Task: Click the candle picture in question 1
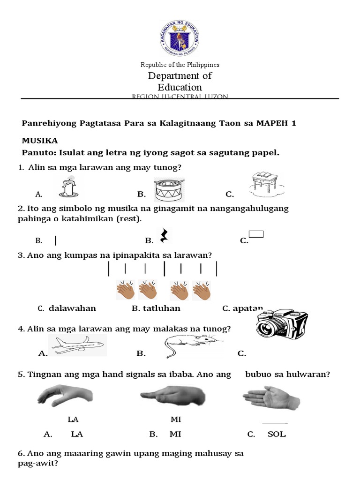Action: pyautogui.click(x=70, y=187)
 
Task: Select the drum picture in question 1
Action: pyautogui.click(x=169, y=188)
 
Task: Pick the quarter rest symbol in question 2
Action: pyautogui.click(x=164, y=236)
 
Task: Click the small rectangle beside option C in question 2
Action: pyautogui.click(x=256, y=234)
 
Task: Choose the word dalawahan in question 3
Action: pyautogui.click(x=72, y=308)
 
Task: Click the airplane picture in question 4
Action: pyautogui.click(x=78, y=346)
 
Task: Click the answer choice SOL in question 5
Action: pyautogui.click(x=277, y=434)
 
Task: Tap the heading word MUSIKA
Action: pyautogui.click(x=40, y=140)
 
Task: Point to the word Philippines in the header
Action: pyautogui.click(x=203, y=65)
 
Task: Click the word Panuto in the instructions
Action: pyautogui.click(x=37, y=153)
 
